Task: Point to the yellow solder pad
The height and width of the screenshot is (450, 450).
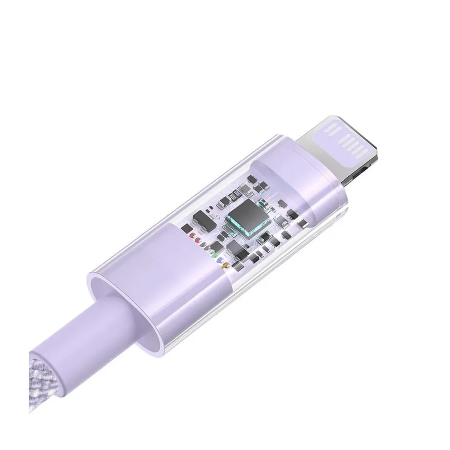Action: [x=225, y=266]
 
